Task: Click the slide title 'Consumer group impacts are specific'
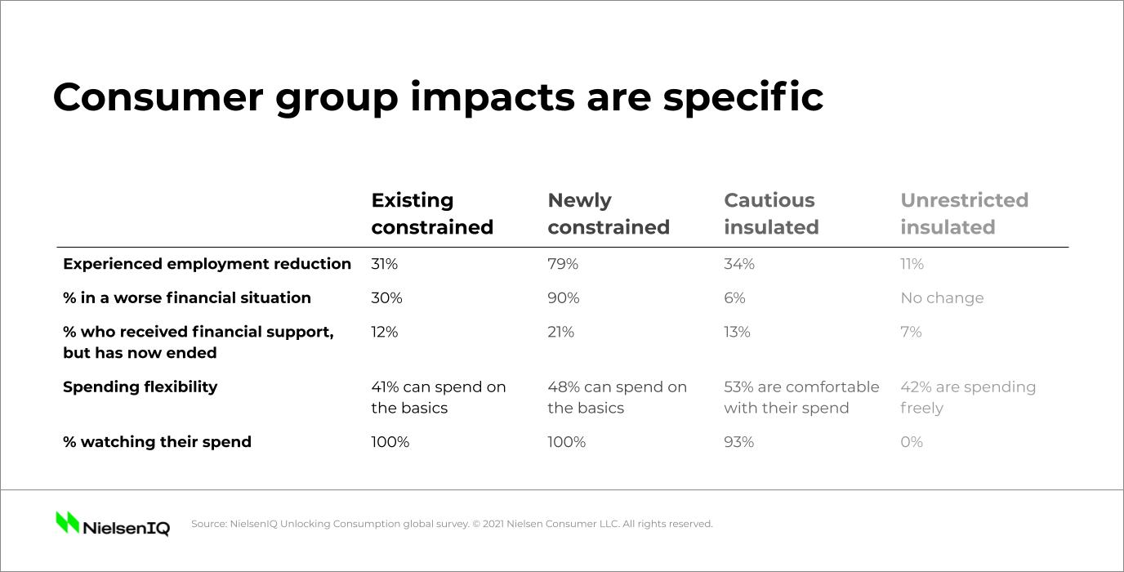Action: [x=437, y=97]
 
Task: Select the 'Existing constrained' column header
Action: [x=432, y=213]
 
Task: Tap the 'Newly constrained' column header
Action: [x=608, y=213]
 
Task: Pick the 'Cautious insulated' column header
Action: [x=770, y=213]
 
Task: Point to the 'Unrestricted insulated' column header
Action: [x=964, y=213]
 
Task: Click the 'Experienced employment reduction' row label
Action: [x=207, y=264]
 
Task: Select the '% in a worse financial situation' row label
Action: [x=186, y=298]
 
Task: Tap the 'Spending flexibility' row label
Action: [x=140, y=387]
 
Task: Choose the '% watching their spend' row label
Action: [x=157, y=442]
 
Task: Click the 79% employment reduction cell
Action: [x=563, y=264]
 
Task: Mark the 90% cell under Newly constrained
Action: [x=563, y=298]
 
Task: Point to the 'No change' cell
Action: [x=942, y=298]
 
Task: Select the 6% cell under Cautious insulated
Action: [x=734, y=298]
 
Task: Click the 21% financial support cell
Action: [x=560, y=332]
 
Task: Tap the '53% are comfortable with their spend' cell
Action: [x=801, y=397]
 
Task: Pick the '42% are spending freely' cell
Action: [x=967, y=397]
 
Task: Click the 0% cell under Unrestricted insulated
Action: [x=911, y=442]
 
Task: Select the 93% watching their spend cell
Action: [x=738, y=442]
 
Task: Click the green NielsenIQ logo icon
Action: [x=67, y=522]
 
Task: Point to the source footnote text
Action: [x=452, y=524]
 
